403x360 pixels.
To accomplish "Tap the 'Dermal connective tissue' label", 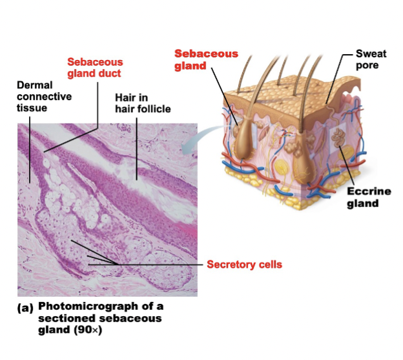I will coord(44,96).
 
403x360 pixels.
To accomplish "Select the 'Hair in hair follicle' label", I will coord(143,103).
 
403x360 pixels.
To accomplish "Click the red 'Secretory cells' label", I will coord(244,265).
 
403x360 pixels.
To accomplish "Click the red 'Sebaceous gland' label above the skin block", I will coord(206,59).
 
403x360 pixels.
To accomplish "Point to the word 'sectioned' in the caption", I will coord(63,319).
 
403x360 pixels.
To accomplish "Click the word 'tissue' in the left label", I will coord(31,108).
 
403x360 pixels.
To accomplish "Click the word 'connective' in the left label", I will coord(44,96).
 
